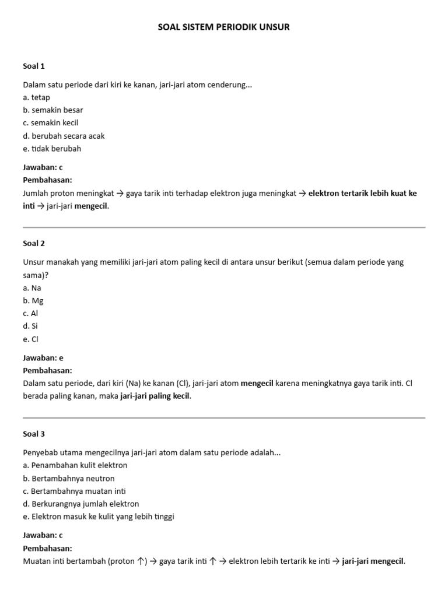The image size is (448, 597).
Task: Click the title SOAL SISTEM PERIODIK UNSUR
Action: [224, 27]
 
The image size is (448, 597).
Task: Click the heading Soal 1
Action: [34, 66]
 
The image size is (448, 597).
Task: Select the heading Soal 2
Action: [34, 243]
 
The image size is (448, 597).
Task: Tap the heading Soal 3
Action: [34, 434]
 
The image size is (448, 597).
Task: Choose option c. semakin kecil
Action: [51, 123]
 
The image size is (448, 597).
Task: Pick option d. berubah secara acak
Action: [64, 136]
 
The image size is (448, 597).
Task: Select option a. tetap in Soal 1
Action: [37, 97]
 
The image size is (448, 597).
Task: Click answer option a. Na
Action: [32, 288]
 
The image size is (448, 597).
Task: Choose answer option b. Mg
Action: [33, 301]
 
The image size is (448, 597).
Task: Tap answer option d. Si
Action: [32, 326]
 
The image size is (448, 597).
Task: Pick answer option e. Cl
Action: [32, 339]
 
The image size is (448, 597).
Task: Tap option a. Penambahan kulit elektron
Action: [75, 465]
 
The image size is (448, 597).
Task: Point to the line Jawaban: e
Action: [43, 358]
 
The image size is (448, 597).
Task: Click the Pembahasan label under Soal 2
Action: [47, 371]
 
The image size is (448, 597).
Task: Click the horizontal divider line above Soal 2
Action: [224, 227]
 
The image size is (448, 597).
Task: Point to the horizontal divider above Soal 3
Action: [224, 417]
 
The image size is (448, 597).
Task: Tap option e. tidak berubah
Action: [52, 149]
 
